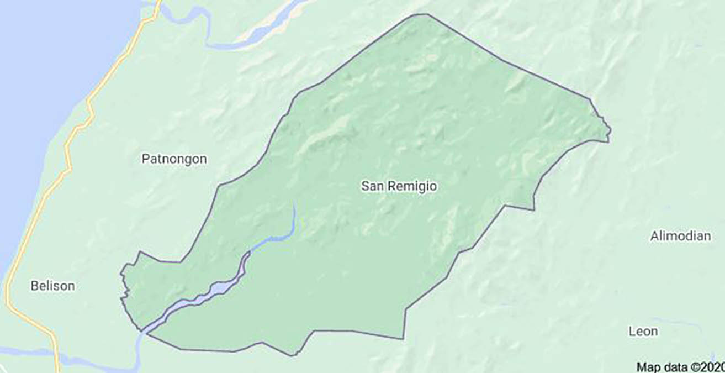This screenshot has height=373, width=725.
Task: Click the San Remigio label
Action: [399, 187]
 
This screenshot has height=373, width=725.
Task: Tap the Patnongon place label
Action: [174, 159]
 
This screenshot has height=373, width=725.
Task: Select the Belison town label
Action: [52, 286]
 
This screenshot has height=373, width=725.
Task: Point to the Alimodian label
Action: [680, 236]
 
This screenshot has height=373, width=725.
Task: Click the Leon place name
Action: [643, 332]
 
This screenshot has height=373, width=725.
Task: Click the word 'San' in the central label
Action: [371, 187]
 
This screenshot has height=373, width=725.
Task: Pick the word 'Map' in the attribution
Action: [648, 366]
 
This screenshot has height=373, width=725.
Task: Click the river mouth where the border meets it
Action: [142, 331]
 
